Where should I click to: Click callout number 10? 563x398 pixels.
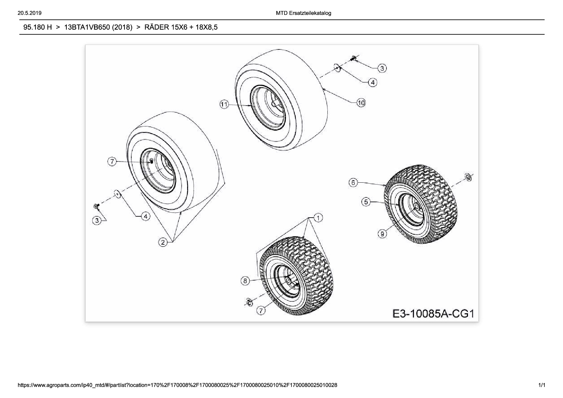361,103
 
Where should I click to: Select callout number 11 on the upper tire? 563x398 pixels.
224,104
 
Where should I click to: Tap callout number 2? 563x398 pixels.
163,242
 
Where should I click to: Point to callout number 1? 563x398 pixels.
318,218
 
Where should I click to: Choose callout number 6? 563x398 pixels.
353,183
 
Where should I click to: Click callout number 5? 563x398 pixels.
366,202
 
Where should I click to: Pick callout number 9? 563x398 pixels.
382,234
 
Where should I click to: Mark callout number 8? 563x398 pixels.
245,281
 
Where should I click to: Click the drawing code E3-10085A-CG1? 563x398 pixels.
433,313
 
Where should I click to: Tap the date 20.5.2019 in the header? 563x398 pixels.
30,13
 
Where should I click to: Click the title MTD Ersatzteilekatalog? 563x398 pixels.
303,13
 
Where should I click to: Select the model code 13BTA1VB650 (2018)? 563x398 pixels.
98,27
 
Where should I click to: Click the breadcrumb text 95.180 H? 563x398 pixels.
38,27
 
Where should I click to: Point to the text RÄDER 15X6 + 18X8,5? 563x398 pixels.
181,27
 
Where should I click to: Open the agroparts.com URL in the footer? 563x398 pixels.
178,385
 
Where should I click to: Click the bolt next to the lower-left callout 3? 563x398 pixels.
96,206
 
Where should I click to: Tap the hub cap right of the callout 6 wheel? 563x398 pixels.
468,177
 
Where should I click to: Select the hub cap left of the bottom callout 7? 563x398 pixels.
249,302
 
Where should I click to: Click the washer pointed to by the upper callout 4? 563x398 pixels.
337,68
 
